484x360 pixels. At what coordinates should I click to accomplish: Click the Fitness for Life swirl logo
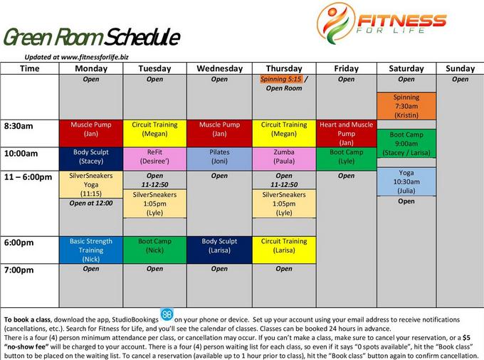[x=336, y=23]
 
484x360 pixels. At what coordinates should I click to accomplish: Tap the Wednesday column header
[x=219, y=68]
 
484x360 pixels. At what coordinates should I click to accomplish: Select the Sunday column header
[x=460, y=68]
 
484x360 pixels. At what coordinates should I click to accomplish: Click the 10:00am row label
[x=21, y=153]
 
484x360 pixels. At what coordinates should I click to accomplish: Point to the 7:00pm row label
[x=19, y=270]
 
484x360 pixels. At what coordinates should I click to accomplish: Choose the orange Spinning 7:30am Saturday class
[x=406, y=106]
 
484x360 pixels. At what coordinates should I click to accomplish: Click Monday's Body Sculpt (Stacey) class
[x=91, y=159]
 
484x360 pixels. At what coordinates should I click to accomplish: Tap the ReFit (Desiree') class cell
[x=154, y=159]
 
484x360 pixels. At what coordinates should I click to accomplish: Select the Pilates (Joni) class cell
[x=219, y=159]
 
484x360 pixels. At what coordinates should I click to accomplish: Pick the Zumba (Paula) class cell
[x=284, y=159]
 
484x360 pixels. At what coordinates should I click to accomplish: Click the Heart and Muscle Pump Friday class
[x=347, y=133]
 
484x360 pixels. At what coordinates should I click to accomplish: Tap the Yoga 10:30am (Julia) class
[x=406, y=181]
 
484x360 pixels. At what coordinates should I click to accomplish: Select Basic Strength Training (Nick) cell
[x=91, y=250]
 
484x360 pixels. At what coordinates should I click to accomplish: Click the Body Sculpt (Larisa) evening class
[x=219, y=250]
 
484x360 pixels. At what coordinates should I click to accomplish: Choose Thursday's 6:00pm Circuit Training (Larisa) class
[x=284, y=250]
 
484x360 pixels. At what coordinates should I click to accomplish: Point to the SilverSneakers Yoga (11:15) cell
[x=91, y=184]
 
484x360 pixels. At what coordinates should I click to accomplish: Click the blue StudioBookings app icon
[x=167, y=314]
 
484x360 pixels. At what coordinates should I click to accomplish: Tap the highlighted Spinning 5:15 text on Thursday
[x=281, y=79]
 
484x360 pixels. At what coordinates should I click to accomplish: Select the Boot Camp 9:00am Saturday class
[x=406, y=144]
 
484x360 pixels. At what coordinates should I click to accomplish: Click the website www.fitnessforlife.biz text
[x=95, y=57]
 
